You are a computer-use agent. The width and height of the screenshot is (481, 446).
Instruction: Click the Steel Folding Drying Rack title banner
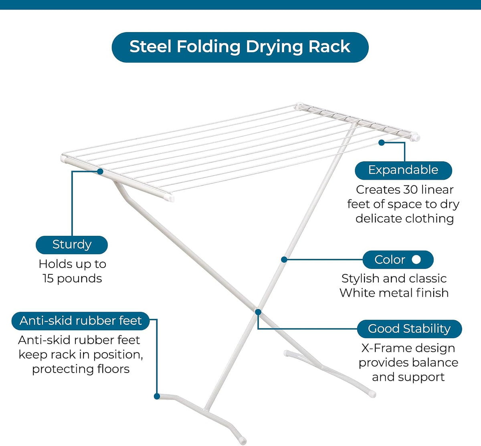coord(240,47)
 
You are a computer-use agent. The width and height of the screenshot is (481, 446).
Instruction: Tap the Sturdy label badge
coord(72,245)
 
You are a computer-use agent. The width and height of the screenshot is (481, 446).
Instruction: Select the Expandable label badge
coord(403,170)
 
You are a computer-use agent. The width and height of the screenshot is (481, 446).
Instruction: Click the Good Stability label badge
coord(409,329)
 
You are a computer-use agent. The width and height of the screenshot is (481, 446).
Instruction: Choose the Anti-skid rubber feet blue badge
coord(81,321)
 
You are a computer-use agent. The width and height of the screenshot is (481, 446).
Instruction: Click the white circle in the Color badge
coord(416,259)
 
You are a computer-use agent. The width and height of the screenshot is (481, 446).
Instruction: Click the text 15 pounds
coord(73,278)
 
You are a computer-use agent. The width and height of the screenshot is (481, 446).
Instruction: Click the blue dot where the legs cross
coord(258,312)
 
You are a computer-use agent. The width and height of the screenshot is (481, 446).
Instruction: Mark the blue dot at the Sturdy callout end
coord(100,172)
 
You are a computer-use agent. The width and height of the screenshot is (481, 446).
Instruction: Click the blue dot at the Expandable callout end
coord(382,142)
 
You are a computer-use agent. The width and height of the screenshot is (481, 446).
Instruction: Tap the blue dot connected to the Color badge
coord(284,259)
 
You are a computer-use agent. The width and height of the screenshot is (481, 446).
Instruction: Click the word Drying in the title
coord(275,47)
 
